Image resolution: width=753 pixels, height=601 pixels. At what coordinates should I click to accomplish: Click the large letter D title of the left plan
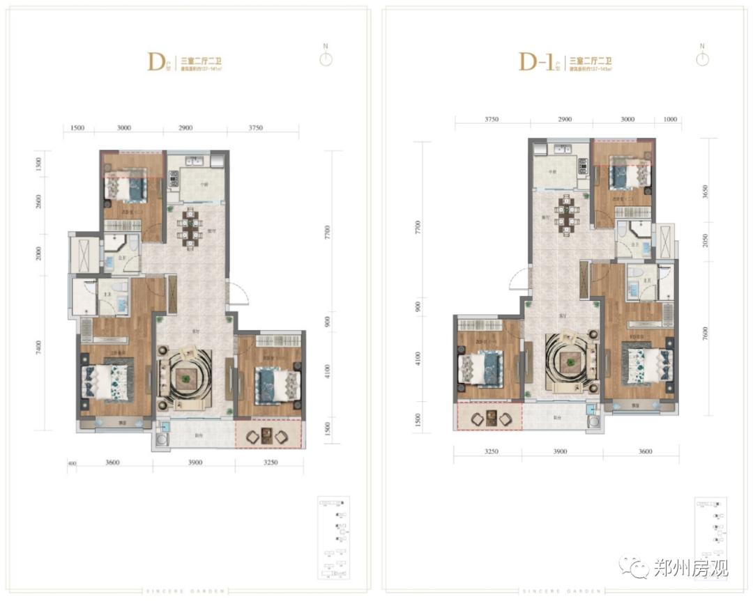pyautogui.click(x=155, y=61)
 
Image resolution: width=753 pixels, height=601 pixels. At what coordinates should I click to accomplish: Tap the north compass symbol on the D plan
pyautogui.click(x=326, y=58)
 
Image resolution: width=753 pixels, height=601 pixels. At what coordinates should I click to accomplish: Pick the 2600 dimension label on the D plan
pyautogui.click(x=40, y=202)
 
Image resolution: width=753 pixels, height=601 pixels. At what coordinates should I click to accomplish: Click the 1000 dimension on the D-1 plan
pyautogui.click(x=670, y=119)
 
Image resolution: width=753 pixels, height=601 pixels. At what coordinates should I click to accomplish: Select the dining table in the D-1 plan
pyautogui.click(x=568, y=211)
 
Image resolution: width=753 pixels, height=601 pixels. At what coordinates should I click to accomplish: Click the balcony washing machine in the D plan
pyautogui.click(x=162, y=439)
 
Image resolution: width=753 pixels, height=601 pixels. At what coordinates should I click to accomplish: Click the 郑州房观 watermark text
pyautogui.click(x=690, y=568)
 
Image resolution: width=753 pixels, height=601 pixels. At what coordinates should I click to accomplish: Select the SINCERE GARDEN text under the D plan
pyautogui.click(x=185, y=591)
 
